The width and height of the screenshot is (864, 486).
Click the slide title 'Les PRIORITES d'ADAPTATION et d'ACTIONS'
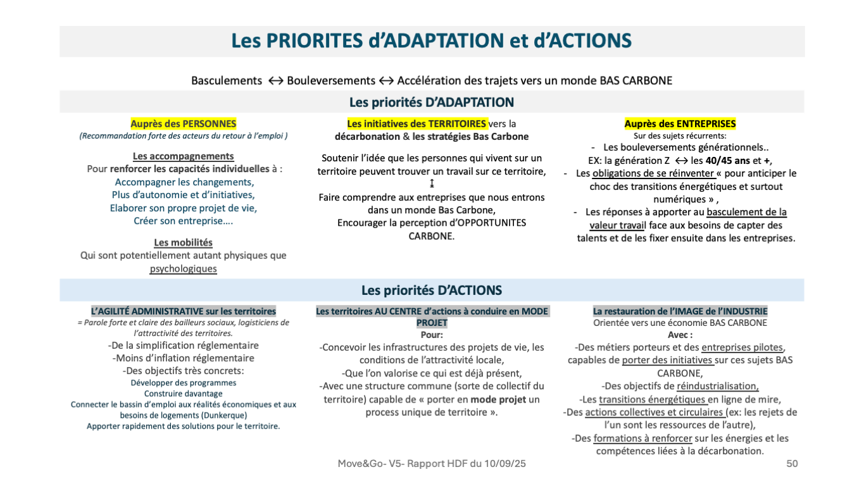click(x=431, y=41)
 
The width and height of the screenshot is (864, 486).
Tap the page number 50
click(x=792, y=464)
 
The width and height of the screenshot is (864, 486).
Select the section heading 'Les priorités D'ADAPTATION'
click(x=431, y=103)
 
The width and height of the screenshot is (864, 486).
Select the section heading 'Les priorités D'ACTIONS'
click(x=431, y=290)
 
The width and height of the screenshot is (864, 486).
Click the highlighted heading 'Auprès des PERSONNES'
click(x=183, y=124)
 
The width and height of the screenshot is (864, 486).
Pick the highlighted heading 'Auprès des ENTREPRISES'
click(x=680, y=124)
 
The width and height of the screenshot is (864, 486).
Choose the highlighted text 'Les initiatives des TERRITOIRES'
click(x=416, y=124)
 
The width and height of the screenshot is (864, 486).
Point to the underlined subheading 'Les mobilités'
click(x=183, y=243)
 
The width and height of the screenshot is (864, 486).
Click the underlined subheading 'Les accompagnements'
click(x=183, y=156)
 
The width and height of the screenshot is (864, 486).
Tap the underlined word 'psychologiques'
click(x=183, y=269)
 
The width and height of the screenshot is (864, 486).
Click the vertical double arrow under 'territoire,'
click(x=432, y=184)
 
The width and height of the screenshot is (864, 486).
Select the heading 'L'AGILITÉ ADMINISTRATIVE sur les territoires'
click(x=184, y=311)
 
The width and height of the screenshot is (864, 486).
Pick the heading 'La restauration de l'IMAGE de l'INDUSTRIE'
click(x=680, y=311)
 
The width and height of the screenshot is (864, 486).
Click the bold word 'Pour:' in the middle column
click(x=432, y=335)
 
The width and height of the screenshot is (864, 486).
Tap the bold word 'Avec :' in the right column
click(x=680, y=335)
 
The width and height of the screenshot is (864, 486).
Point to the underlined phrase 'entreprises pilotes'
click(x=742, y=347)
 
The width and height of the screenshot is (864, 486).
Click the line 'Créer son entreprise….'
click(x=183, y=221)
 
